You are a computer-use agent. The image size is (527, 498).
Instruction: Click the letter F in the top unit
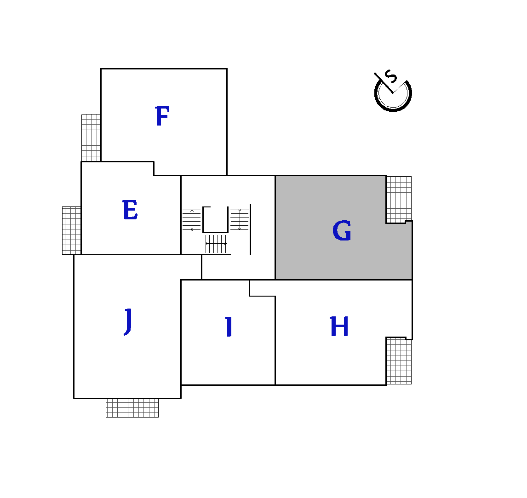click(x=162, y=116)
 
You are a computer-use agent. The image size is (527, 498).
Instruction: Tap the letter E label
click(x=130, y=210)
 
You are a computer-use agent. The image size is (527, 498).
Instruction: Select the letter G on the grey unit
click(x=342, y=230)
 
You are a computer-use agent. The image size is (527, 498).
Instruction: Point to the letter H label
click(x=339, y=326)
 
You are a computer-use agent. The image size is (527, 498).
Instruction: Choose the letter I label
click(x=229, y=326)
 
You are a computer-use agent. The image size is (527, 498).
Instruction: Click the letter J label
click(x=128, y=321)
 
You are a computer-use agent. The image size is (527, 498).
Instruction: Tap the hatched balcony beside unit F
click(x=91, y=138)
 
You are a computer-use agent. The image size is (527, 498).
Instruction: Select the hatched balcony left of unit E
click(x=72, y=230)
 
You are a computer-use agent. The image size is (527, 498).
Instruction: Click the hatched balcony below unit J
click(x=132, y=408)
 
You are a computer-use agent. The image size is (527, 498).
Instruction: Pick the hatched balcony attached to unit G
click(x=399, y=200)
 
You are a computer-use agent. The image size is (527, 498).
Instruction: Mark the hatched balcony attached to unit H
click(x=399, y=361)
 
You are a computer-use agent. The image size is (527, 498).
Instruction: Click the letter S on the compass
click(x=391, y=77)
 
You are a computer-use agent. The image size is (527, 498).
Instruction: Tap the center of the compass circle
click(x=393, y=93)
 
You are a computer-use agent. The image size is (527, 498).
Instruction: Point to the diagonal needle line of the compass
click(x=384, y=83)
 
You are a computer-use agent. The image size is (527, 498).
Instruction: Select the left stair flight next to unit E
click(x=192, y=220)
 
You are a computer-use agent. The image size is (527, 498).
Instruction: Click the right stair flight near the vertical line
click(x=239, y=219)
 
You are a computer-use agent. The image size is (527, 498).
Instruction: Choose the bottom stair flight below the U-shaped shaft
click(x=216, y=244)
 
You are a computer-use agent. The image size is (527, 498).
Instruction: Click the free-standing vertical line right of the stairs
click(x=250, y=229)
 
